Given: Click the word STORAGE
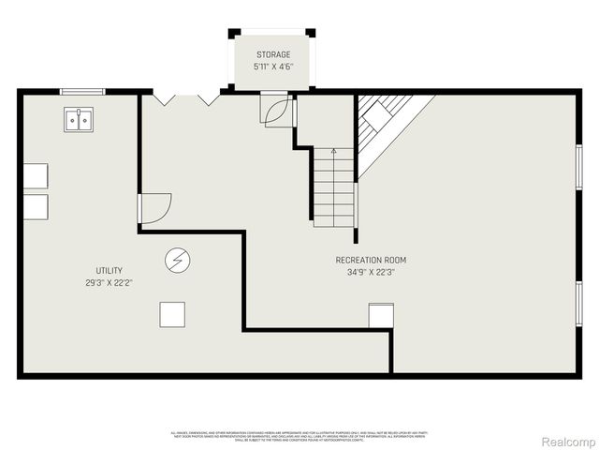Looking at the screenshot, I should pyautogui.click(x=273, y=54).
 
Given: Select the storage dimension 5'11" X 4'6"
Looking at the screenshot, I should pyautogui.click(x=273, y=67).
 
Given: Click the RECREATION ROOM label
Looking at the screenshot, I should pyautogui.click(x=371, y=260).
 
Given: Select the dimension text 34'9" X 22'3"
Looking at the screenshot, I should pyautogui.click(x=371, y=273).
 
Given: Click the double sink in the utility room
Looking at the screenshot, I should pyautogui.click(x=79, y=120).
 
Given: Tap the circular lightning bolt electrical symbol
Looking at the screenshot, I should pyautogui.click(x=176, y=260).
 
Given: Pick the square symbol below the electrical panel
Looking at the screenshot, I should pyautogui.click(x=172, y=314).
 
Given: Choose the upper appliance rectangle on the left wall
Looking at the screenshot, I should pyautogui.click(x=35, y=176).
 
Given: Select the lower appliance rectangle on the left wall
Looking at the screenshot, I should pyautogui.click(x=35, y=207).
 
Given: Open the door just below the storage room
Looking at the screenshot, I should pyautogui.click(x=277, y=112).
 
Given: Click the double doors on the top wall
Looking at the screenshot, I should pyautogui.click(x=186, y=97).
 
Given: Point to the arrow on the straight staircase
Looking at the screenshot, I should pyautogui.click(x=334, y=151).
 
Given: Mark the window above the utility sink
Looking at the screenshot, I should pyautogui.click(x=80, y=91).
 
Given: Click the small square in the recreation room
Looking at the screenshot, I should pyautogui.click(x=381, y=316).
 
